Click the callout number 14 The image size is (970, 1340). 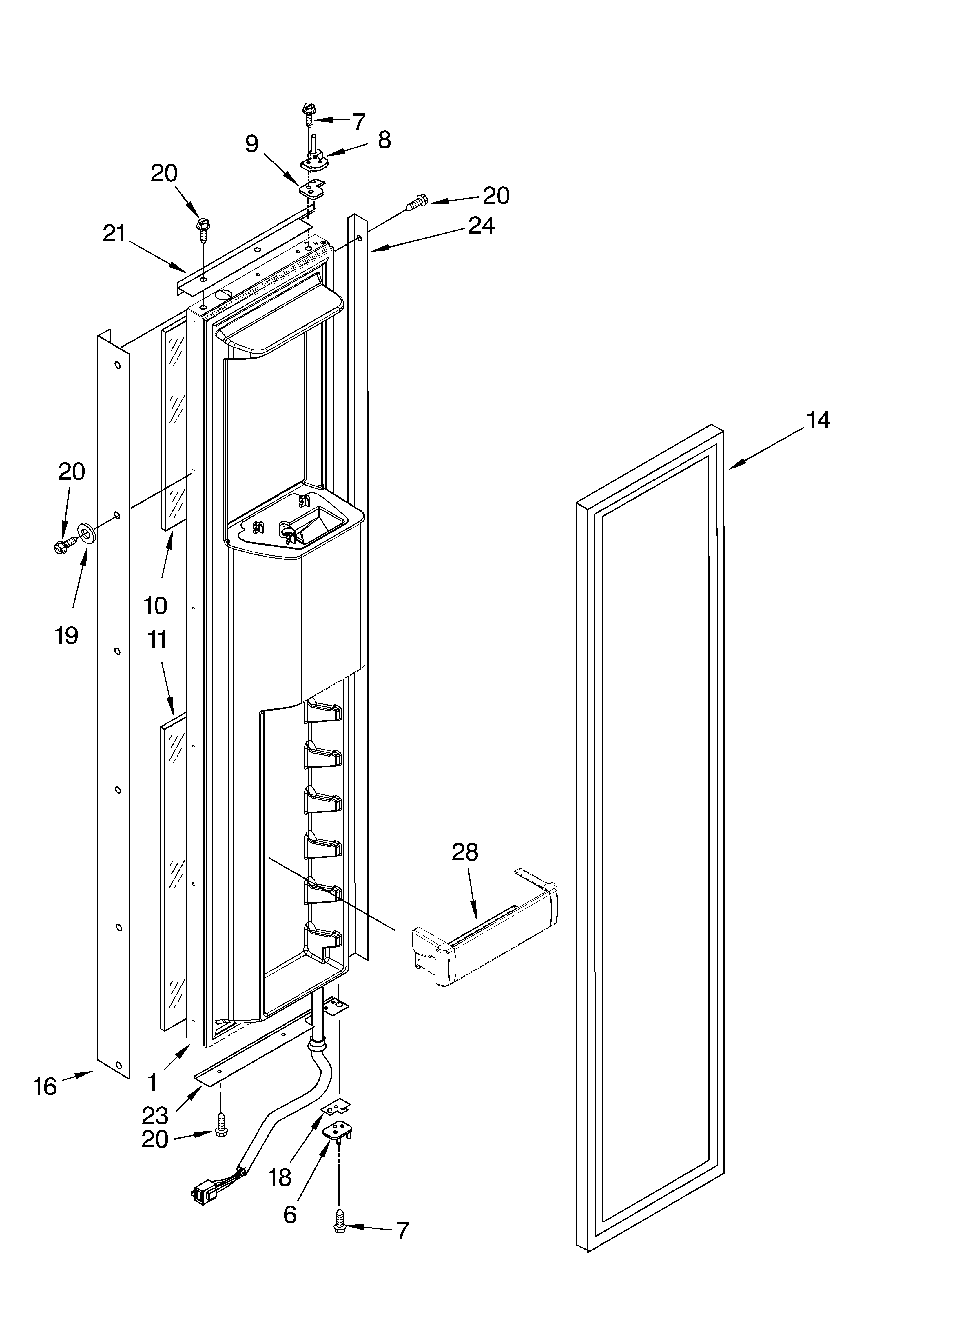pos(818,421)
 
